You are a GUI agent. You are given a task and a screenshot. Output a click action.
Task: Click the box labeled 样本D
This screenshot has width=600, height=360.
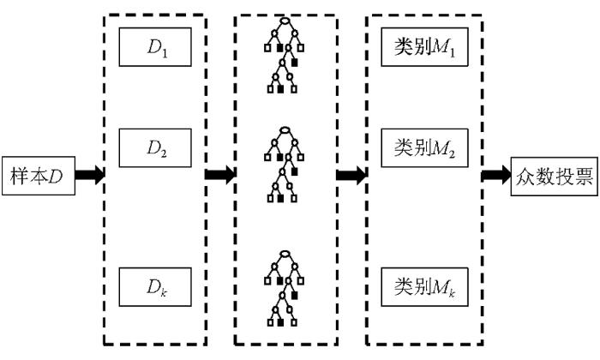pyautogui.click(x=37, y=175)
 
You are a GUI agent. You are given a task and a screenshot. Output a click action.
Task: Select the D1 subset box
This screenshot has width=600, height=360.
pyautogui.click(x=154, y=48)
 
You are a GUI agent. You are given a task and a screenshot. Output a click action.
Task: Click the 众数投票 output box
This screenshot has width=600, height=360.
pyautogui.click(x=550, y=175)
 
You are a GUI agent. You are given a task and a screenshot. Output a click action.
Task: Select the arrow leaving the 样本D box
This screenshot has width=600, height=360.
pyautogui.click(x=90, y=175)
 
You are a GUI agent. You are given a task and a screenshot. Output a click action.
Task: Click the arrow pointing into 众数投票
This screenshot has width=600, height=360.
pyautogui.click(x=495, y=175)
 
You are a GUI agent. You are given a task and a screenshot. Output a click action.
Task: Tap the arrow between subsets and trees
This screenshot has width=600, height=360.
pyautogui.click(x=221, y=175)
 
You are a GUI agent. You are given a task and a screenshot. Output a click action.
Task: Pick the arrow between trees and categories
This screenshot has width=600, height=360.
pyautogui.click(x=351, y=175)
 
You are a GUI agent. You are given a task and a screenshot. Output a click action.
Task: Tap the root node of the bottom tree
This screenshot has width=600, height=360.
pyautogui.click(x=285, y=254)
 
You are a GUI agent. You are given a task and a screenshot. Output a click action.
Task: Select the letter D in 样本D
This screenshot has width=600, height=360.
pyautogui.click(x=56, y=175)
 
